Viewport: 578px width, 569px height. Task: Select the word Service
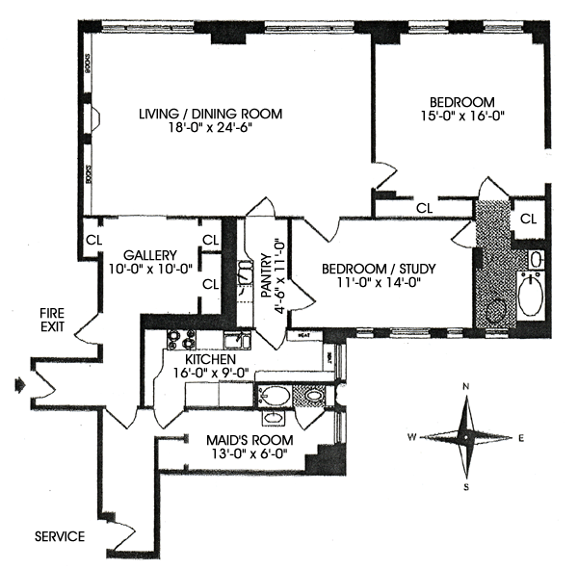pyautogui.click(x=60, y=536)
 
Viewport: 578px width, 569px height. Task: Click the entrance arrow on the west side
pyautogui.click(x=23, y=385)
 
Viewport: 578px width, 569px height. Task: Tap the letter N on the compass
pyautogui.click(x=467, y=387)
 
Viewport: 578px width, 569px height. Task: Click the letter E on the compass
pyautogui.click(x=521, y=439)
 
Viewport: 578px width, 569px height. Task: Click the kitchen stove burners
pyautogui.click(x=180, y=339)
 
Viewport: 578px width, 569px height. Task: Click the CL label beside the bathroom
pyautogui.click(x=527, y=219)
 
